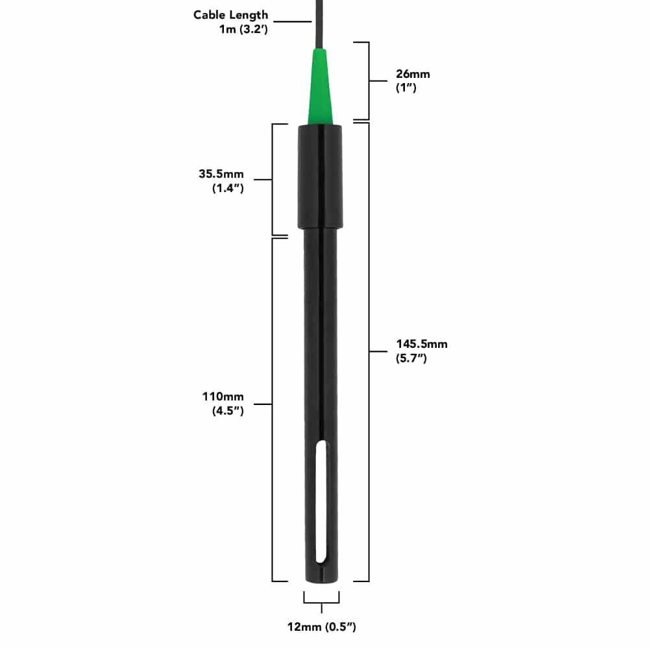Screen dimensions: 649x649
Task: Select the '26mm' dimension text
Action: pyautogui.click(x=413, y=74)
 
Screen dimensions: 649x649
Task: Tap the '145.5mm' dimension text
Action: pyautogui.click(x=422, y=344)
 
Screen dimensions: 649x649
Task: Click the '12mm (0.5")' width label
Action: pyautogui.click(x=322, y=626)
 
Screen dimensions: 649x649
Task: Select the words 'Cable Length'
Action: pyautogui.click(x=230, y=15)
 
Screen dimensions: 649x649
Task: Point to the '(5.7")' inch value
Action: pyautogui.click(x=411, y=358)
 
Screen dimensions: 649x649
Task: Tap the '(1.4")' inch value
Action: pyautogui.click(x=228, y=188)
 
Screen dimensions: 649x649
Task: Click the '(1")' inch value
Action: pyautogui.click(x=406, y=87)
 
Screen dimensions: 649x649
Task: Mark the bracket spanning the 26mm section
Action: pyautogui.click(x=368, y=81)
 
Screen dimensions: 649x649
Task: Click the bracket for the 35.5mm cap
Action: pyautogui.click(x=273, y=179)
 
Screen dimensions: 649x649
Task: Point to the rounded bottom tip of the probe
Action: pyautogui.click(x=321, y=580)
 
